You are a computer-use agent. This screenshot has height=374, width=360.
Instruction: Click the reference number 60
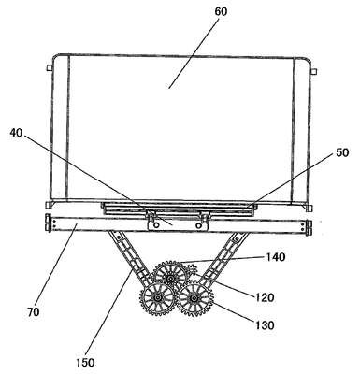click(x=221, y=11)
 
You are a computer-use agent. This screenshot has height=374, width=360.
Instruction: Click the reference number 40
click(x=16, y=133)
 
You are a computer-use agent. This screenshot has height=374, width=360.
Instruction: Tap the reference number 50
click(x=342, y=152)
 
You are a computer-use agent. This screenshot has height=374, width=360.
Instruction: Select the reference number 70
click(x=33, y=312)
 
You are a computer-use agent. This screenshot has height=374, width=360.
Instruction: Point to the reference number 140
click(x=276, y=257)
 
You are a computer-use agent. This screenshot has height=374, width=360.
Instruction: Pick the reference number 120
click(x=265, y=297)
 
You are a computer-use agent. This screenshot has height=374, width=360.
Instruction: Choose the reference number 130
click(x=265, y=325)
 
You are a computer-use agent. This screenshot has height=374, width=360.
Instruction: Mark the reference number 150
click(x=85, y=363)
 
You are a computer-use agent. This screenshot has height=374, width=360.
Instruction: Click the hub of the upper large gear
click(x=170, y=278)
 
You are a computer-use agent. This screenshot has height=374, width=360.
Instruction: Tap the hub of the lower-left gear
click(x=157, y=298)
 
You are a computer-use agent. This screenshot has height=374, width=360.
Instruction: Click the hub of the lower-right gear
click(x=194, y=298)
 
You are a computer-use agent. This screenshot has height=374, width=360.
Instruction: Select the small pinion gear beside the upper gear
click(x=190, y=269)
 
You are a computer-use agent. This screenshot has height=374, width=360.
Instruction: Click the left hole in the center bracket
click(x=156, y=224)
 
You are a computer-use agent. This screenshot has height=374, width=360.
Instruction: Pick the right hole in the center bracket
click(x=198, y=224)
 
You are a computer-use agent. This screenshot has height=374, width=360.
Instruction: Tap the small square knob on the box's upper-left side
click(x=49, y=67)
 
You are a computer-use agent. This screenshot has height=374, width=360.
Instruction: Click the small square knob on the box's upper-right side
click(x=314, y=72)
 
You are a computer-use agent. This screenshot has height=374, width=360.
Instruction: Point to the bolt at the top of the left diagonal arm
click(x=118, y=237)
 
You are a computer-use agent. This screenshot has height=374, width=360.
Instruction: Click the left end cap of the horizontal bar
click(x=48, y=223)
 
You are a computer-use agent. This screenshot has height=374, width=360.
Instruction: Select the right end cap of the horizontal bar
click(x=310, y=227)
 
